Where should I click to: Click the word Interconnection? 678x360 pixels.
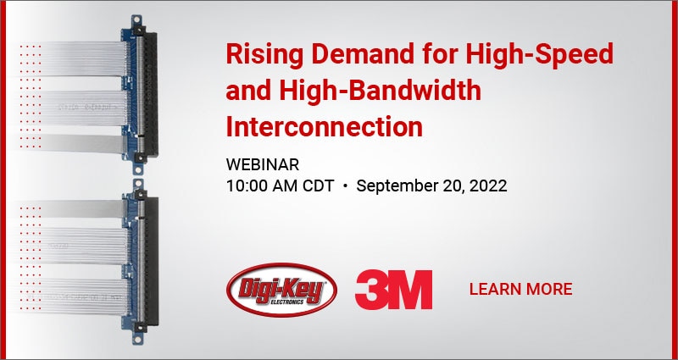tap(324, 127)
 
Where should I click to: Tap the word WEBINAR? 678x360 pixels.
tap(263, 163)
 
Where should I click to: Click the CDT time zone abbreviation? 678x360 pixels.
tap(320, 186)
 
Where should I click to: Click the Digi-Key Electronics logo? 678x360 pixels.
tap(281, 288)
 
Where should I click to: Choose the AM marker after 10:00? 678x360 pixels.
tap(286, 186)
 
